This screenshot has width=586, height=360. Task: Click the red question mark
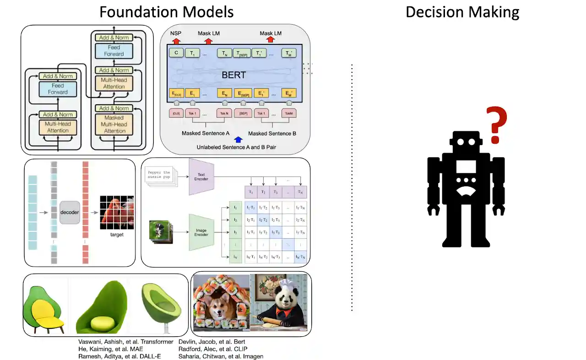pos(495,124)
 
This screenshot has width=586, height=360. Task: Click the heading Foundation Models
pos(166,12)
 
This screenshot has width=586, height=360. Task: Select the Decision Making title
pos(462,12)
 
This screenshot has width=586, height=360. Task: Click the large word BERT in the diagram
pos(233,75)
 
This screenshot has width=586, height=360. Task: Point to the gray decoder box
pos(70,212)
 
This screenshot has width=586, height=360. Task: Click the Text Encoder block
pos(201,176)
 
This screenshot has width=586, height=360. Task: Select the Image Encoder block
pos(201,232)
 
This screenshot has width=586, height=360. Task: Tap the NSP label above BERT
pos(176,33)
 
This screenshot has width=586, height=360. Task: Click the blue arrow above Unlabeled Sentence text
pos(238,140)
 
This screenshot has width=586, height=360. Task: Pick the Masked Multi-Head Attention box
pos(114,124)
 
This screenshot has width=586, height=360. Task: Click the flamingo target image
pos(117,212)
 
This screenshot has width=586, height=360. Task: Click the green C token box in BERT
pos(176,53)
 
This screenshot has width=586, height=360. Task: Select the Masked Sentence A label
pos(206,134)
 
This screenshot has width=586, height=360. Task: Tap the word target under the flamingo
pos(117,235)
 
